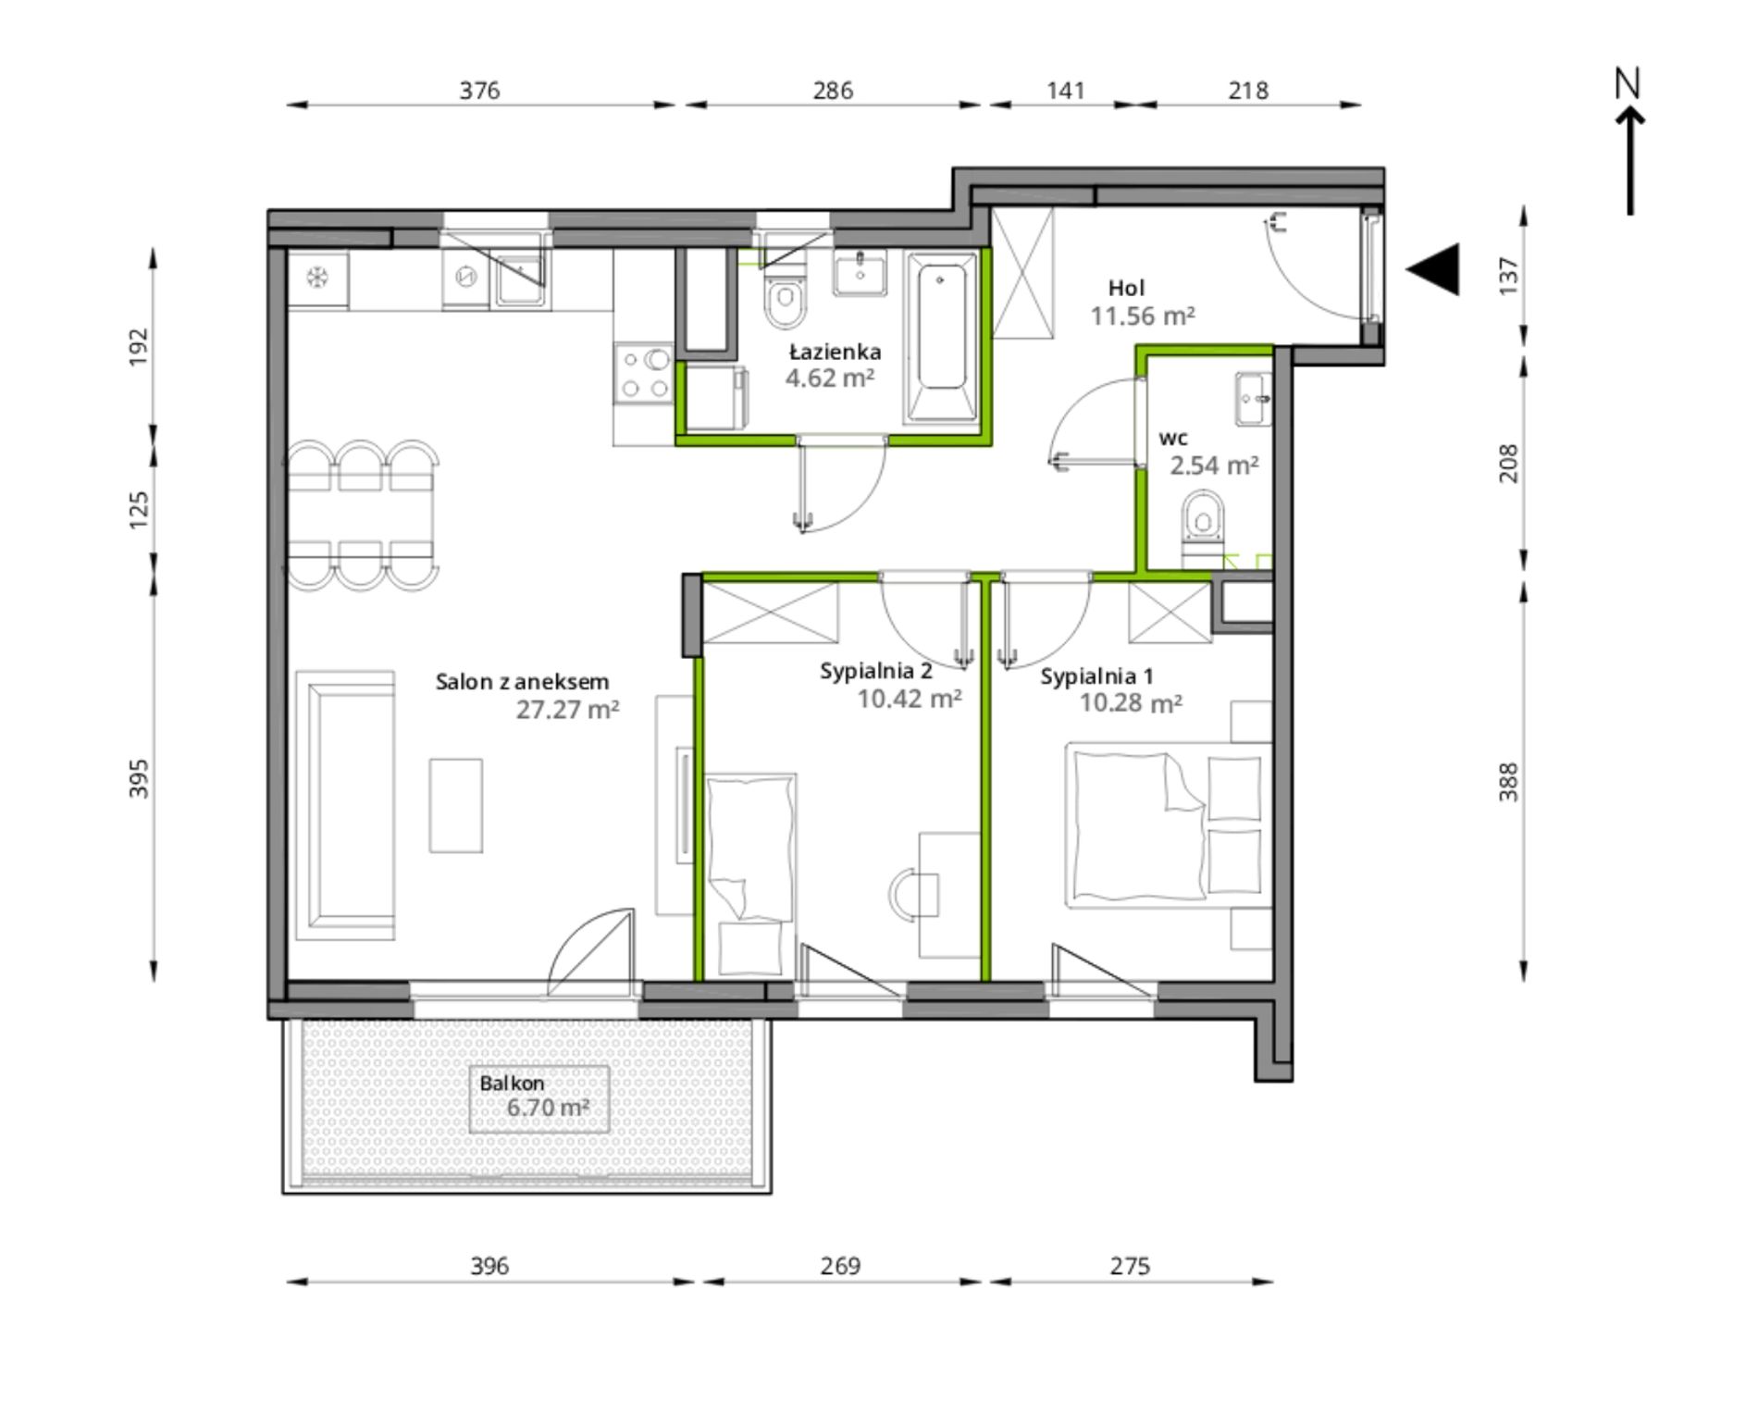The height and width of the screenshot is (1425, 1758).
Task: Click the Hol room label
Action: click(1127, 288)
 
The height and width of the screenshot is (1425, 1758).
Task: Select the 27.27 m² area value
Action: click(567, 710)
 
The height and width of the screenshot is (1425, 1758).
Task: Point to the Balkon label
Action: click(512, 1083)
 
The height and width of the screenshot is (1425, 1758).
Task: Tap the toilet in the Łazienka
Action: click(786, 294)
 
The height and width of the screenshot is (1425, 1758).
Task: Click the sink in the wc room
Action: click(1254, 400)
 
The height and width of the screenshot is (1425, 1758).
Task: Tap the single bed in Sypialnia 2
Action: click(750, 874)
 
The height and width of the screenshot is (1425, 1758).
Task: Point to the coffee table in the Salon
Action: click(456, 806)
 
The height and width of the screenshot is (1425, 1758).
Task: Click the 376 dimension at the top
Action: click(480, 90)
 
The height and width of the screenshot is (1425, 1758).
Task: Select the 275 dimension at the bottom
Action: click(1130, 1265)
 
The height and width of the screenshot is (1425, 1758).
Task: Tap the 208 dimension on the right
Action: click(1508, 464)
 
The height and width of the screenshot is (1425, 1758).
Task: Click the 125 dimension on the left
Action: click(138, 510)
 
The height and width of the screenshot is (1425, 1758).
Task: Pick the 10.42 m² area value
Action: click(910, 699)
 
